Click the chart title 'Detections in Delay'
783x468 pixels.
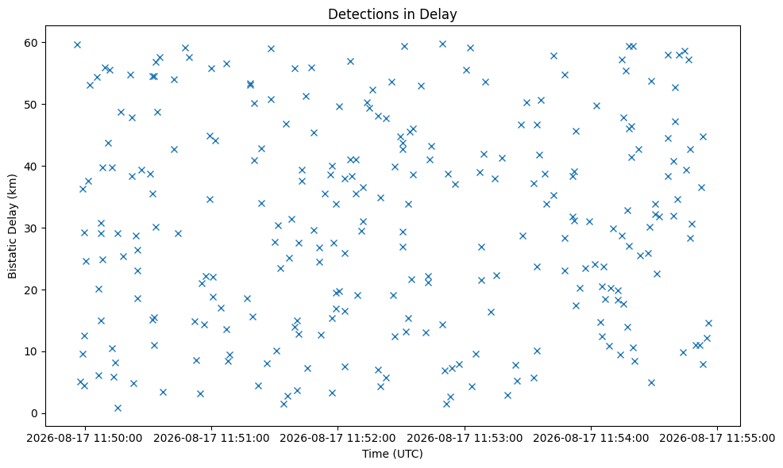point(392,14)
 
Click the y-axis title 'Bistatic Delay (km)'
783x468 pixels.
point(12,226)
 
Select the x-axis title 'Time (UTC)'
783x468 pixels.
point(392,454)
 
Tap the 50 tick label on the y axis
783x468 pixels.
point(31,104)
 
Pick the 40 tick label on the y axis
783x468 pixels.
point(31,166)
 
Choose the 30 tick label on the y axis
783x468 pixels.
point(31,228)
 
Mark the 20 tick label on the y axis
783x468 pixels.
point(31,290)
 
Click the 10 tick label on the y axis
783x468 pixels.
point(31,351)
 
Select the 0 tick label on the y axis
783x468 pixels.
point(34,413)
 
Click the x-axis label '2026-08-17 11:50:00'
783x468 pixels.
point(84,438)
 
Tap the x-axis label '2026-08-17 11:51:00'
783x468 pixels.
point(211,438)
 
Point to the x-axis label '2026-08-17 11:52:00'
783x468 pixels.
point(337,438)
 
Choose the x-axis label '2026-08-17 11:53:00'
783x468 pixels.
point(465,438)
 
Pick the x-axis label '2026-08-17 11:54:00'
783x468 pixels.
point(591,438)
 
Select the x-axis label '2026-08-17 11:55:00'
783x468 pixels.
point(718,438)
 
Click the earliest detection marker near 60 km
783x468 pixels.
point(77,45)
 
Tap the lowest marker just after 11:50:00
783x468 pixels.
point(118,409)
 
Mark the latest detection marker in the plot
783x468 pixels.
point(708,324)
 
